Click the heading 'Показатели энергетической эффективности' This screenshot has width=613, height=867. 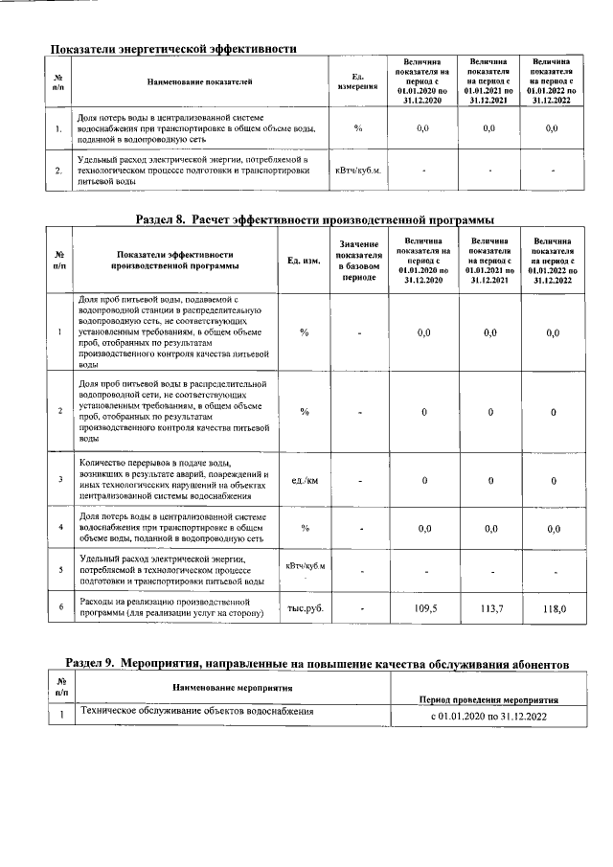[x=173, y=47]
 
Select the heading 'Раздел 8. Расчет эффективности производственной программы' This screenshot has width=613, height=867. [x=322, y=219]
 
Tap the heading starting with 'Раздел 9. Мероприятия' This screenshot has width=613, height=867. [x=316, y=663]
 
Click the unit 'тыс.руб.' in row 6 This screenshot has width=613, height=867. [x=306, y=608]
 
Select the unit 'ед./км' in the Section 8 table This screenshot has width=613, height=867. [x=305, y=479]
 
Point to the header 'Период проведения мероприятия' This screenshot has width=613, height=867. [x=488, y=700]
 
